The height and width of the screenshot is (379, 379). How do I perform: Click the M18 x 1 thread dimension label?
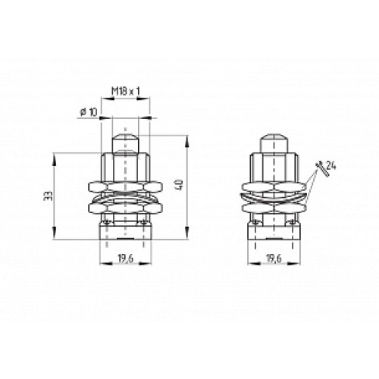click(126, 91)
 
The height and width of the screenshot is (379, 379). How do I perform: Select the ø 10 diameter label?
click(88, 112)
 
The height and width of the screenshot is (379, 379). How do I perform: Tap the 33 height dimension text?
click(48, 196)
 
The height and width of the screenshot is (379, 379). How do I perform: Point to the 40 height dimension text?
click(180, 185)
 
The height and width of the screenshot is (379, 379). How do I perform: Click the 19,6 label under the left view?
click(126, 258)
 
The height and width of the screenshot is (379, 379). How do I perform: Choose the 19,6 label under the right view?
click(274, 258)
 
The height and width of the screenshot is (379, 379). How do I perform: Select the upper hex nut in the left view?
click(125, 187)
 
